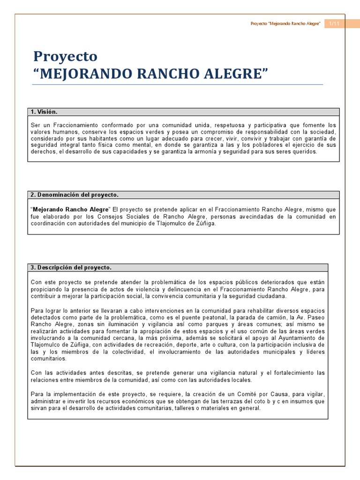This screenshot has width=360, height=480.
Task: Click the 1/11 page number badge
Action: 334,23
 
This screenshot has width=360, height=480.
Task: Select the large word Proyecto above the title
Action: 65,56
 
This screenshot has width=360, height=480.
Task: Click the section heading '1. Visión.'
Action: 44,112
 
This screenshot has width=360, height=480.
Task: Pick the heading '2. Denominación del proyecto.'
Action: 75,194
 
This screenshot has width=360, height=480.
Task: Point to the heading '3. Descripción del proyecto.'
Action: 71,267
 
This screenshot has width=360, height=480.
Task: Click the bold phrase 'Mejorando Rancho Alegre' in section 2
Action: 70,209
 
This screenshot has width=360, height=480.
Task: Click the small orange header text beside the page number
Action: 285,23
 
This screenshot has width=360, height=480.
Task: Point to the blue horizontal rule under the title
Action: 178,85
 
